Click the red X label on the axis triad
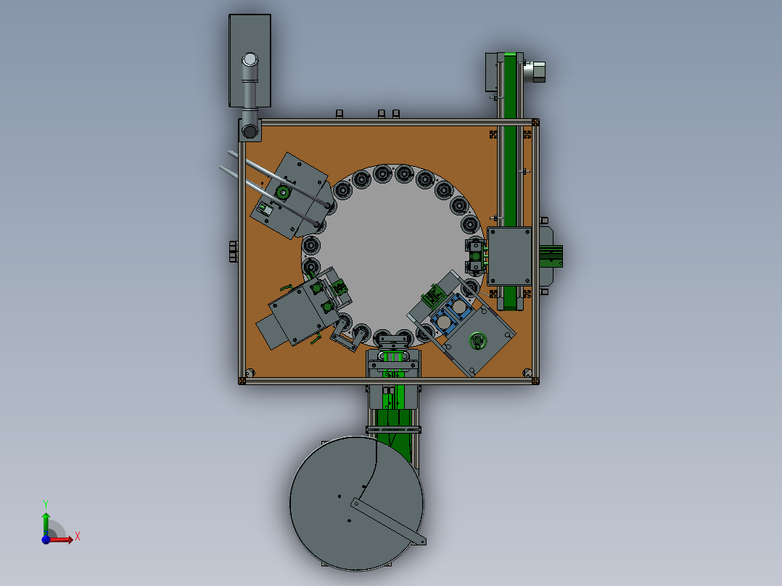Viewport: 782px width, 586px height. (78, 537)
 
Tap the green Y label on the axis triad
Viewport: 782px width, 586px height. (46, 503)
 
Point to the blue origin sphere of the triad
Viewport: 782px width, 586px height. (46, 540)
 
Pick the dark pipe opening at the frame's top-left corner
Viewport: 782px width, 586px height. (250, 131)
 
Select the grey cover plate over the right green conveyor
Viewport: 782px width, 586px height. (510, 256)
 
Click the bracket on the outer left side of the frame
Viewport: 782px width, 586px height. (233, 251)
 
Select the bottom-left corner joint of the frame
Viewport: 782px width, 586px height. (242, 379)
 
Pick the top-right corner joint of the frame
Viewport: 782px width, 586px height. (535, 122)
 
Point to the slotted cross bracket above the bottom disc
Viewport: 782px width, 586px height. (393, 430)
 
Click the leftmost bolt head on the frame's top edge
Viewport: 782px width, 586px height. (339, 114)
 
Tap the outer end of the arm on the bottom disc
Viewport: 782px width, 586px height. (421, 540)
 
